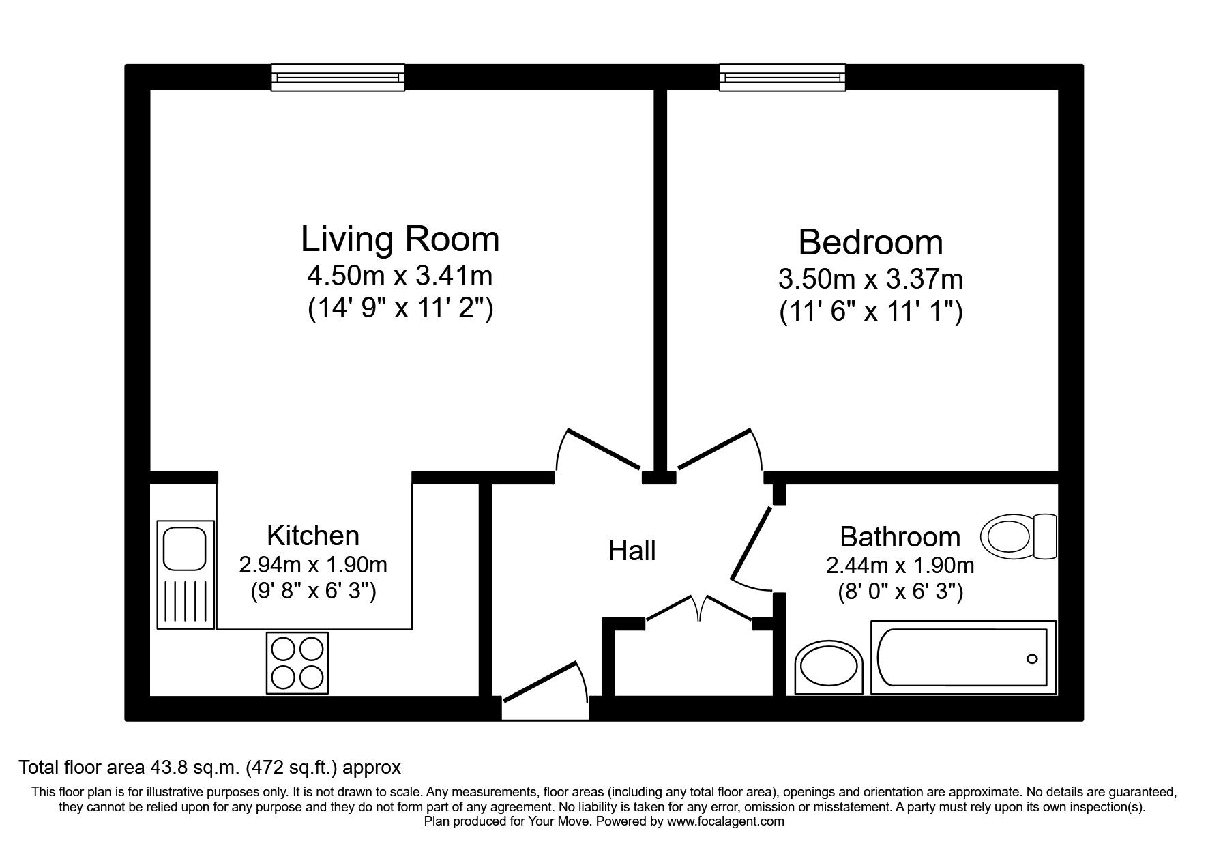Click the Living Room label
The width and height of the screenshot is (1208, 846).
400,239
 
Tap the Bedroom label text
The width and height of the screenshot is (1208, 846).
870,242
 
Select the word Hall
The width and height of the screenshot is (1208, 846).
632,551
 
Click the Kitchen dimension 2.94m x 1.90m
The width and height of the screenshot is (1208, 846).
313,565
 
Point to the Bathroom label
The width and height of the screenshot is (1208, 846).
900,537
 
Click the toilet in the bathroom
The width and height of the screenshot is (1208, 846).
1018,536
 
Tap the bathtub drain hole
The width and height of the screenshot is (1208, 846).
1031,658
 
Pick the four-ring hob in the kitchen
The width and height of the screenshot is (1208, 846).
297,662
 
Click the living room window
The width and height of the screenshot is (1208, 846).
338,77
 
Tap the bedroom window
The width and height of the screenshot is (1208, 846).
783,77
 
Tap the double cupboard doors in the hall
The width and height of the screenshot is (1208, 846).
700,607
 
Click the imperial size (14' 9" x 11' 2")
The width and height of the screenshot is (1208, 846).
400,309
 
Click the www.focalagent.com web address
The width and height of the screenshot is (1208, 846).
725,821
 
